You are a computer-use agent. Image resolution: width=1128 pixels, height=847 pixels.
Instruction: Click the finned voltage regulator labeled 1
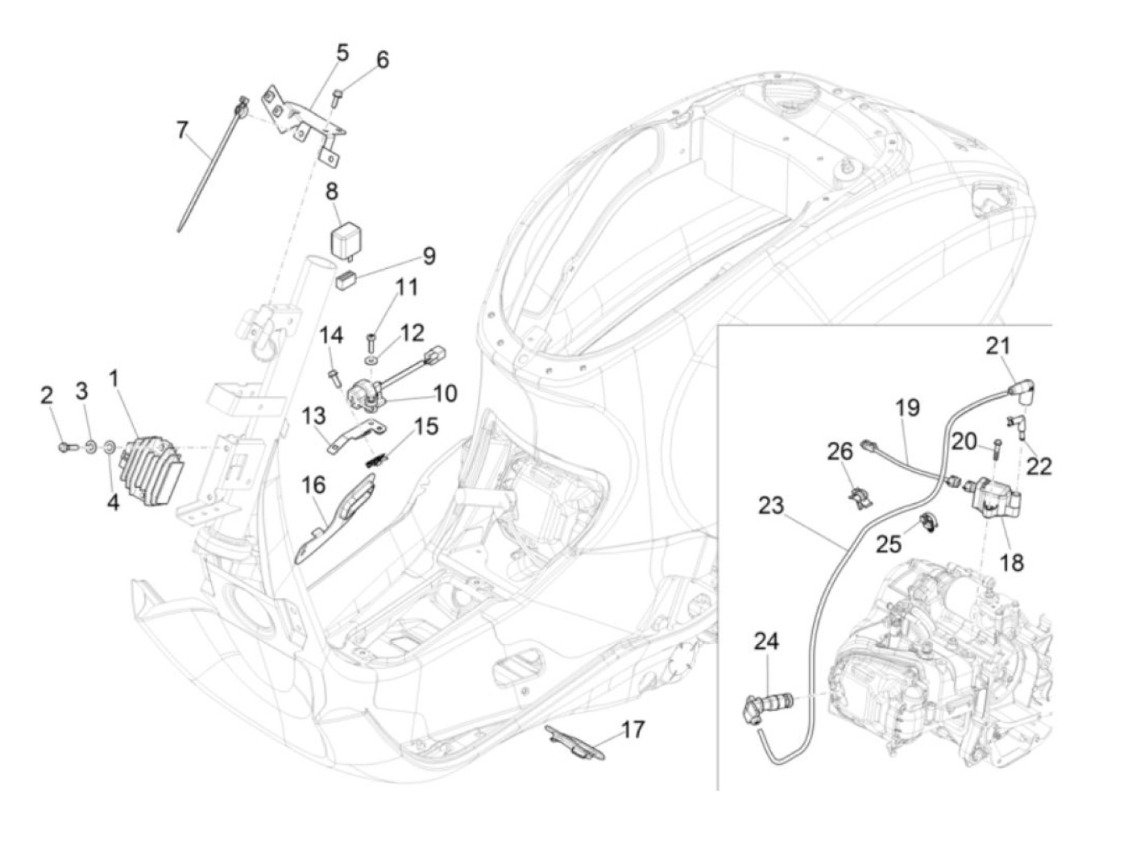click(x=151, y=471)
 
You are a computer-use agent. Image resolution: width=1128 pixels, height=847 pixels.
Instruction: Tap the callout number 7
click(x=181, y=130)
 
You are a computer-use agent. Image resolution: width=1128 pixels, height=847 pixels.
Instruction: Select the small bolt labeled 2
click(x=65, y=448)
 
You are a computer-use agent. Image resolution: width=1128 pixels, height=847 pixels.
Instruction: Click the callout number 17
click(x=632, y=729)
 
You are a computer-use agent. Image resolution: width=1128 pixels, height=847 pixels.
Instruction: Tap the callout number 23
click(x=771, y=506)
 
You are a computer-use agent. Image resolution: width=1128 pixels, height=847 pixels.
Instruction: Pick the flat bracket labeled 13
click(x=356, y=436)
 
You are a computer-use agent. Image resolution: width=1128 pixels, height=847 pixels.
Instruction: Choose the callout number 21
click(x=997, y=346)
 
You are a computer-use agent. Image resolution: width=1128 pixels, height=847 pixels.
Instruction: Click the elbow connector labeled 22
click(x=1016, y=427)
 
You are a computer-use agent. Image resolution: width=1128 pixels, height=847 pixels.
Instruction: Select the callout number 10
click(x=445, y=394)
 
